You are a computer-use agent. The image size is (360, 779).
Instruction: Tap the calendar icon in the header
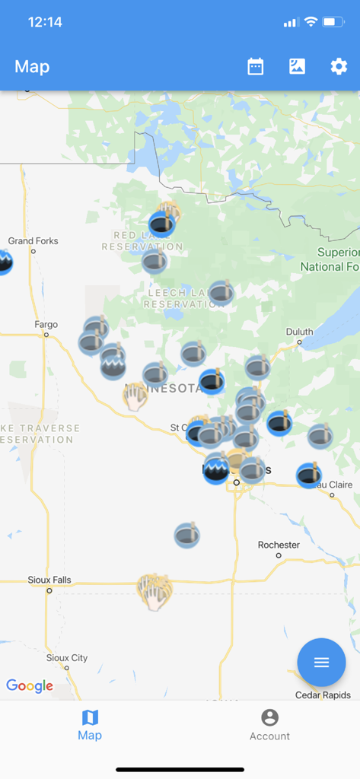point(256,67)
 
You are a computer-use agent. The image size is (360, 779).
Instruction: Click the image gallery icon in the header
point(297,67)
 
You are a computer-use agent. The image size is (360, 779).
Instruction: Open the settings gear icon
point(339,67)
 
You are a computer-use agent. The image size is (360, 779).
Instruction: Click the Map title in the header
point(32,67)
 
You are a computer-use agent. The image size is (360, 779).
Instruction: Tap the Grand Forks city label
point(33,241)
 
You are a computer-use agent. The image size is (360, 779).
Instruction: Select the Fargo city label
point(46,325)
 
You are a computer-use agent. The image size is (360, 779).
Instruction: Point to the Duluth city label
point(299,332)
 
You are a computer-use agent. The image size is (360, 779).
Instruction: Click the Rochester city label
point(279,545)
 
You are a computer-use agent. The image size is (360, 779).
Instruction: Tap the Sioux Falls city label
point(49,580)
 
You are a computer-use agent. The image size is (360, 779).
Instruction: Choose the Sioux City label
point(67,658)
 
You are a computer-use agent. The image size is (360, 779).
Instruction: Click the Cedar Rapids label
point(323,695)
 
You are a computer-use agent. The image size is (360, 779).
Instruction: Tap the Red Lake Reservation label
point(142,241)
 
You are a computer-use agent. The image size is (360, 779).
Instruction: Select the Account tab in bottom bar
point(269,725)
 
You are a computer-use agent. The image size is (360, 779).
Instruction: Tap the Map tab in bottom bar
point(90,725)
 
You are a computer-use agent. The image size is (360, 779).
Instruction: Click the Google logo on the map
point(30,686)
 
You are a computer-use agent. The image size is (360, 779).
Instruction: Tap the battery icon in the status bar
point(333,22)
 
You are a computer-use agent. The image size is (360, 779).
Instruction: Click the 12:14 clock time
point(45,22)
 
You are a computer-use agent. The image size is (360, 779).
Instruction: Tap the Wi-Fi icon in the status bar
point(311,22)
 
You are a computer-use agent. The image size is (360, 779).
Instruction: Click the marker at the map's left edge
point(4,262)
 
